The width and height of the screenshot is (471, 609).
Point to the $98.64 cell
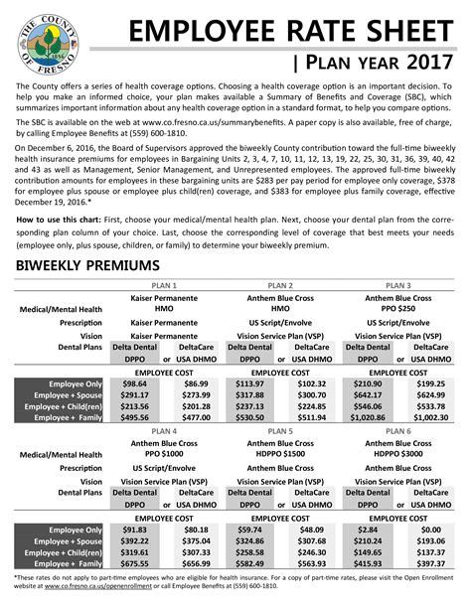(x=134, y=382)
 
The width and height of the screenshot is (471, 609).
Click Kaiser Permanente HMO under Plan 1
(x=165, y=302)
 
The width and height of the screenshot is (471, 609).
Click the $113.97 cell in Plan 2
(x=250, y=382)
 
